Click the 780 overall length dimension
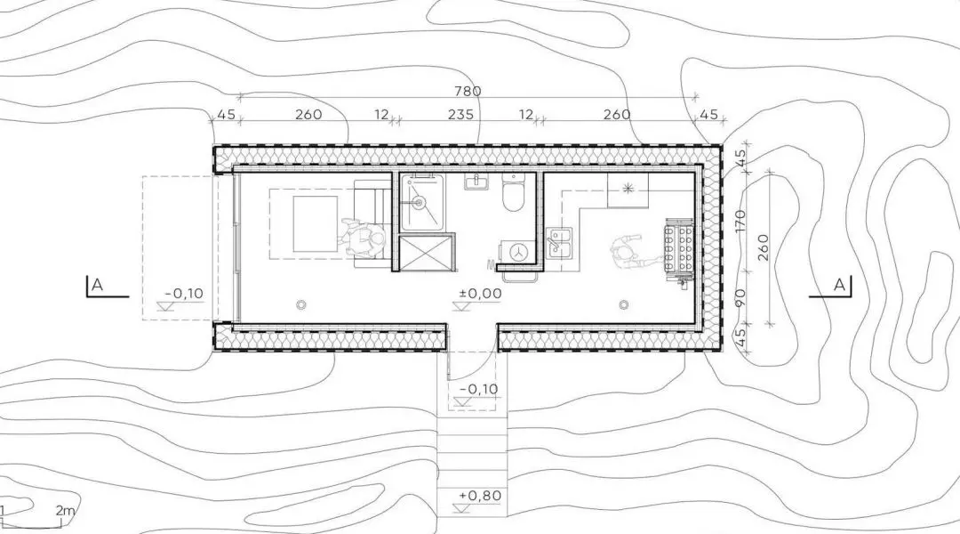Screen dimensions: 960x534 (468, 91)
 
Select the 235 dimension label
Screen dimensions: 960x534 (460, 114)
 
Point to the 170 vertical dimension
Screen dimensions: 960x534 (740, 221)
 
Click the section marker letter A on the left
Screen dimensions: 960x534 (97, 285)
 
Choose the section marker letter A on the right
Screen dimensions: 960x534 (839, 285)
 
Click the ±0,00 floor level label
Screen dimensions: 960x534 (481, 293)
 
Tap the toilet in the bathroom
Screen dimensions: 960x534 (513, 192)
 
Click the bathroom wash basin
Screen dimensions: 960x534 (476, 182)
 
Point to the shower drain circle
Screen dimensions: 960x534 (420, 201)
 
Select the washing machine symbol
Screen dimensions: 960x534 (518, 251)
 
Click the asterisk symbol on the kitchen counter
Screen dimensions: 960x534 (628, 188)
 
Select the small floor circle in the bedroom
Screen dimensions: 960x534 (300, 303)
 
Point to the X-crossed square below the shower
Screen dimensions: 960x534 (427, 251)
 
